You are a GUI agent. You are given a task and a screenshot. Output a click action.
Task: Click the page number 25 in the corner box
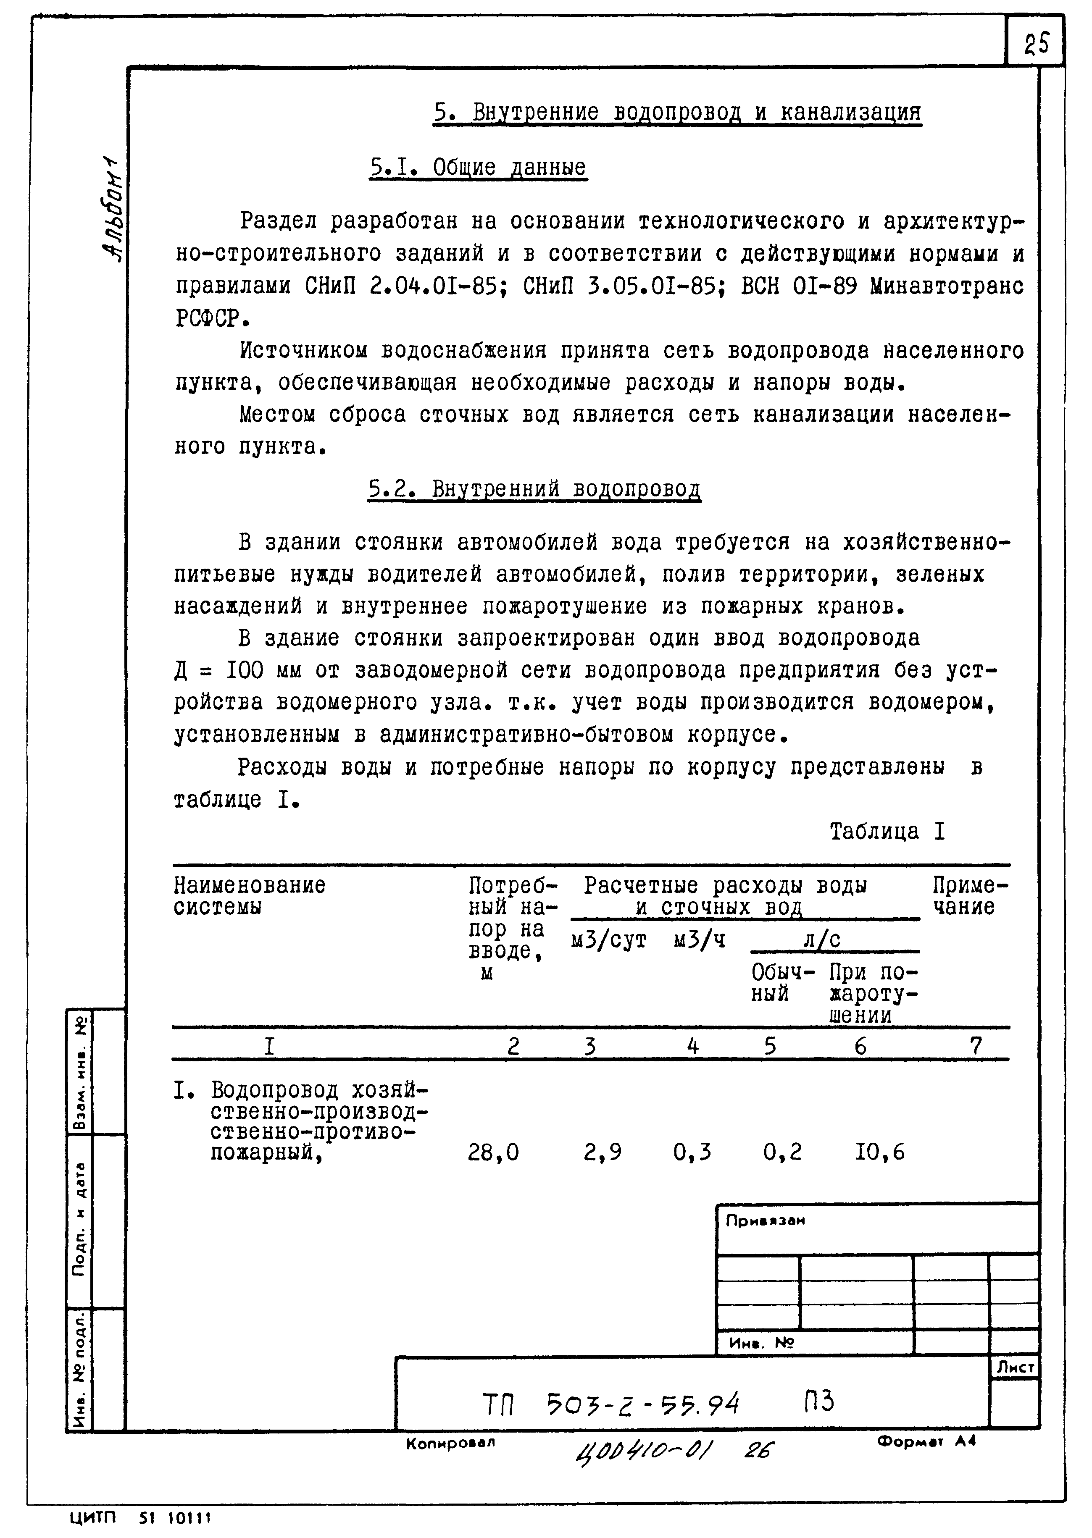click(1036, 45)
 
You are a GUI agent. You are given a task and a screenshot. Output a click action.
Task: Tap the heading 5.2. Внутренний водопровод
click(534, 489)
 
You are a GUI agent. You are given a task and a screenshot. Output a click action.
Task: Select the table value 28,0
click(493, 1153)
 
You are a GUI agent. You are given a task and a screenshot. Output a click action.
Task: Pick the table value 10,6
click(879, 1153)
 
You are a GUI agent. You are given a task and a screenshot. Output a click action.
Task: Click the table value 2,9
click(603, 1153)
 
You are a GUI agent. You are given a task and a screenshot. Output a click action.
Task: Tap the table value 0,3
click(692, 1153)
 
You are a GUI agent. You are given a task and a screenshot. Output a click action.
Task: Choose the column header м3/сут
click(608, 940)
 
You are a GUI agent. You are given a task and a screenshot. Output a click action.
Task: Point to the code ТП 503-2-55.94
click(610, 1404)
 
